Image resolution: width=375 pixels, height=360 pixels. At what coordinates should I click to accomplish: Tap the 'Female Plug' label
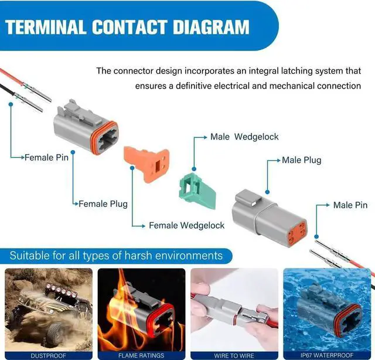pos(103,204)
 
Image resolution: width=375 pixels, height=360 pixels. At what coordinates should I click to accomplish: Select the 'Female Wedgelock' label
pos(186,225)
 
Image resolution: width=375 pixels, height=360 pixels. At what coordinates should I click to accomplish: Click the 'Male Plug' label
pos(301,159)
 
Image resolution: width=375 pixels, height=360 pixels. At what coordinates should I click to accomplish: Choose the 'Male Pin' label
pos(350,205)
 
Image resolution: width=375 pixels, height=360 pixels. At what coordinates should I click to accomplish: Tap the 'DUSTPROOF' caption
pos(49,355)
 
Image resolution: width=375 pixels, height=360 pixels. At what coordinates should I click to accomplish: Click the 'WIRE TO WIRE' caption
pos(234,355)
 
